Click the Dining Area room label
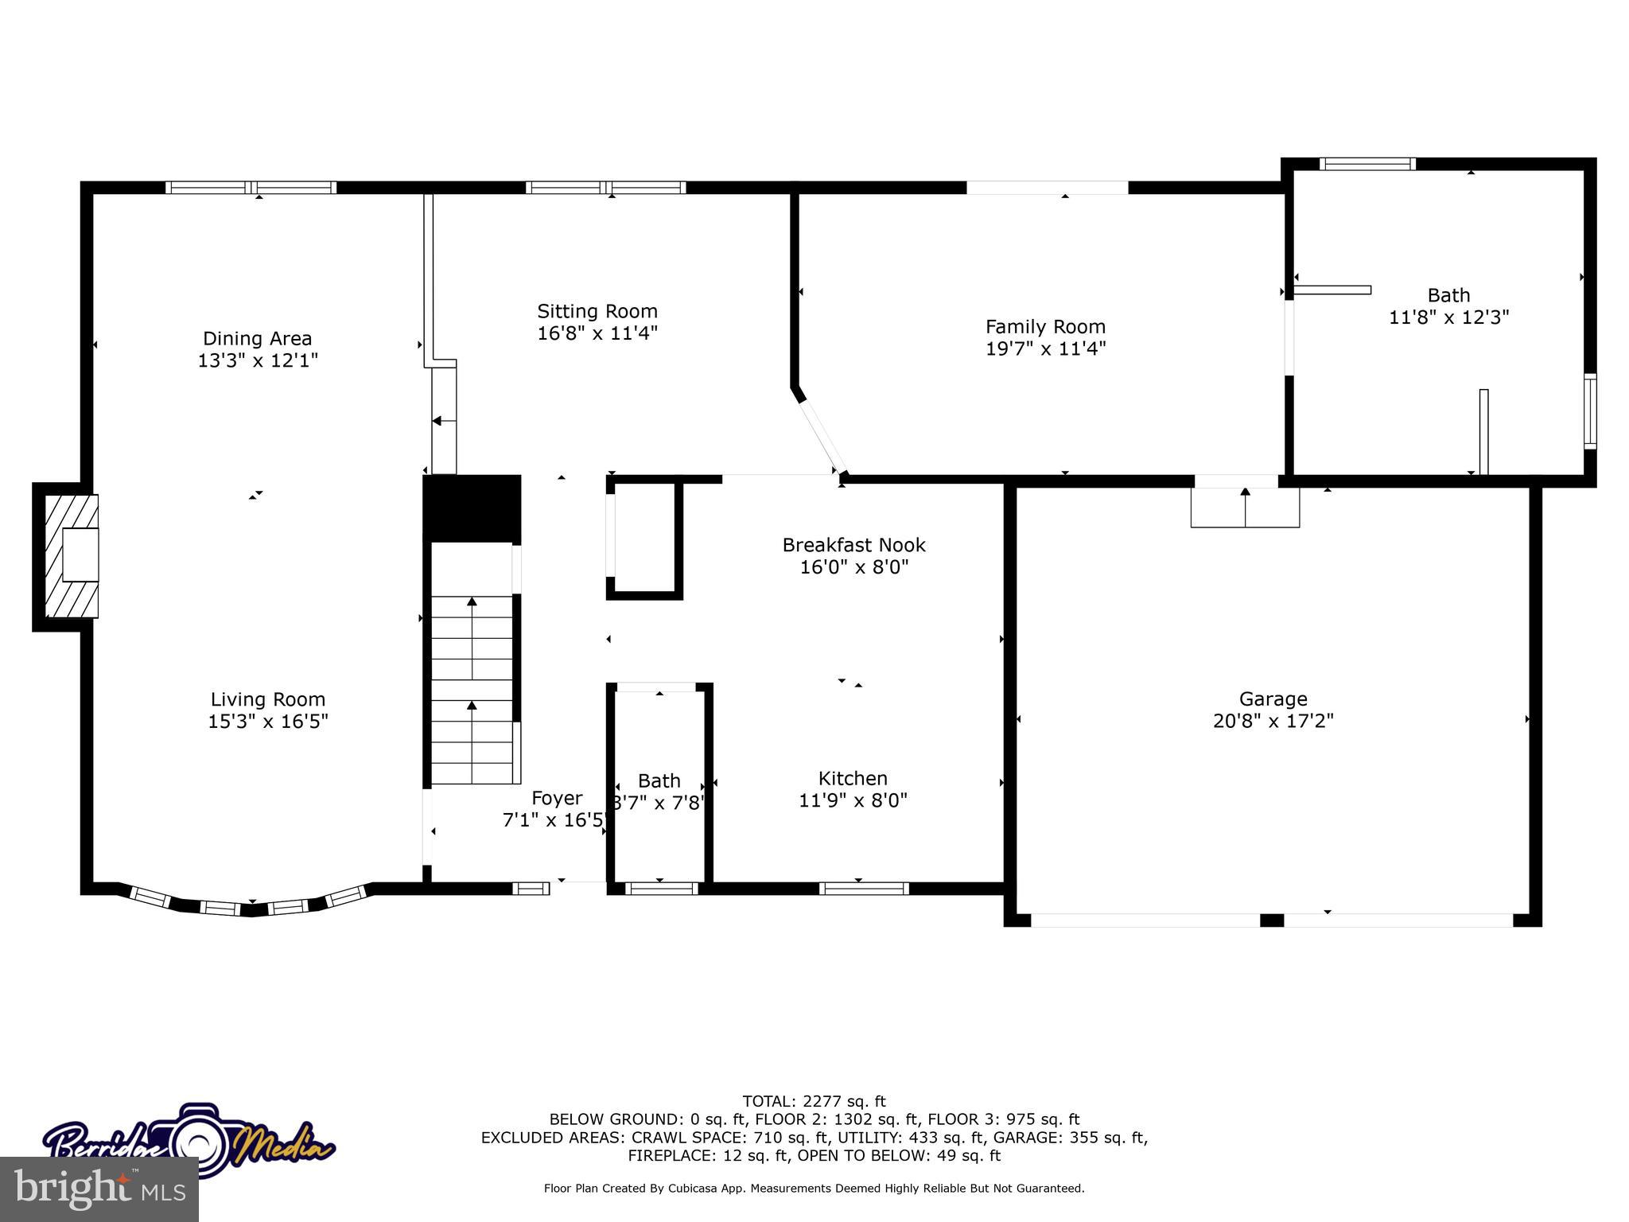click(257, 339)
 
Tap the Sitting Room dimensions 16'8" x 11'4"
click(597, 333)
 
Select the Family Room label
click(1045, 326)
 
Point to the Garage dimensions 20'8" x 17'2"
click(1273, 721)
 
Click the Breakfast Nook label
click(853, 545)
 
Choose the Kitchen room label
click(853, 778)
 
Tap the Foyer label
click(557, 798)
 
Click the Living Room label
click(268, 699)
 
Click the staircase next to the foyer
click(472, 689)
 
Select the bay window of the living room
click(251, 905)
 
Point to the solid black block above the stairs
click(472, 508)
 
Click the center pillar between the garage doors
click(1272, 920)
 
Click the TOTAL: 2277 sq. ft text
click(814, 1101)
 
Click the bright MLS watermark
click(99, 1189)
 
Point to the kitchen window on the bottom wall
click(864, 889)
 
